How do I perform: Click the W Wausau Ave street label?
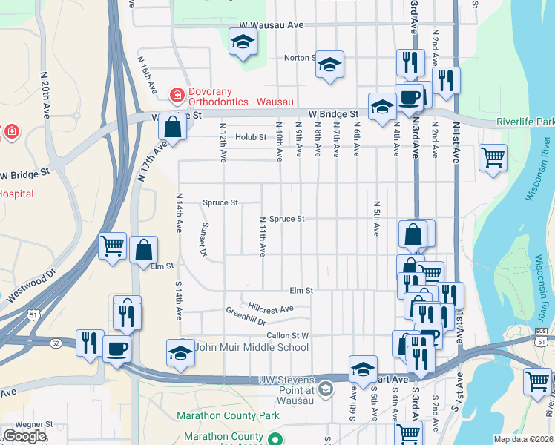[x=267, y=25]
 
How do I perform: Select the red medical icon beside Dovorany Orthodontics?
[x=177, y=95]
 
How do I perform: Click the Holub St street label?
[x=251, y=137]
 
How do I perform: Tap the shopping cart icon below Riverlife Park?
[x=493, y=157]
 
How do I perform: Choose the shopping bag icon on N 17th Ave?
[x=172, y=127]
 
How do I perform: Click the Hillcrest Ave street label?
[x=271, y=307]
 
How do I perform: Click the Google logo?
[x=24, y=436]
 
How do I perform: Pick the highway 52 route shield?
[x=56, y=343]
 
